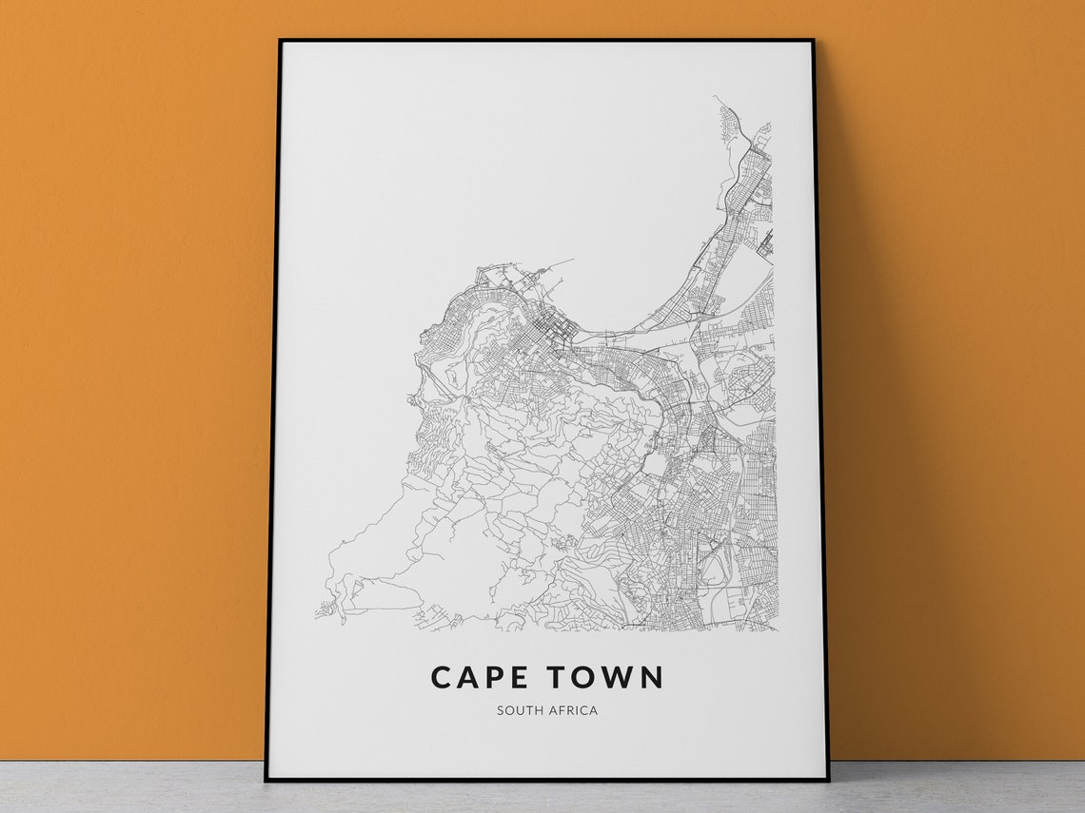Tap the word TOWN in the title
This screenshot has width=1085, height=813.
pyautogui.click(x=604, y=677)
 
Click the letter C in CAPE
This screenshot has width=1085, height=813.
pyautogui.click(x=441, y=677)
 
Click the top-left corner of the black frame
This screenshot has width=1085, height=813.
pyautogui.click(x=280, y=41)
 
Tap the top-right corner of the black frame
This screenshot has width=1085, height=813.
pyautogui.click(x=813, y=41)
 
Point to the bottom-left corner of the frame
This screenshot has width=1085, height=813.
pyautogui.click(x=266, y=780)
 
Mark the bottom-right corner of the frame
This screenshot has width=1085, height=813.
pyautogui.click(x=828, y=780)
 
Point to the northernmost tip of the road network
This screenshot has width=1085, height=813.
pyautogui.click(x=716, y=97)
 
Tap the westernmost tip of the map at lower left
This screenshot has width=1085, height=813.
pyautogui.click(x=317, y=615)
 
